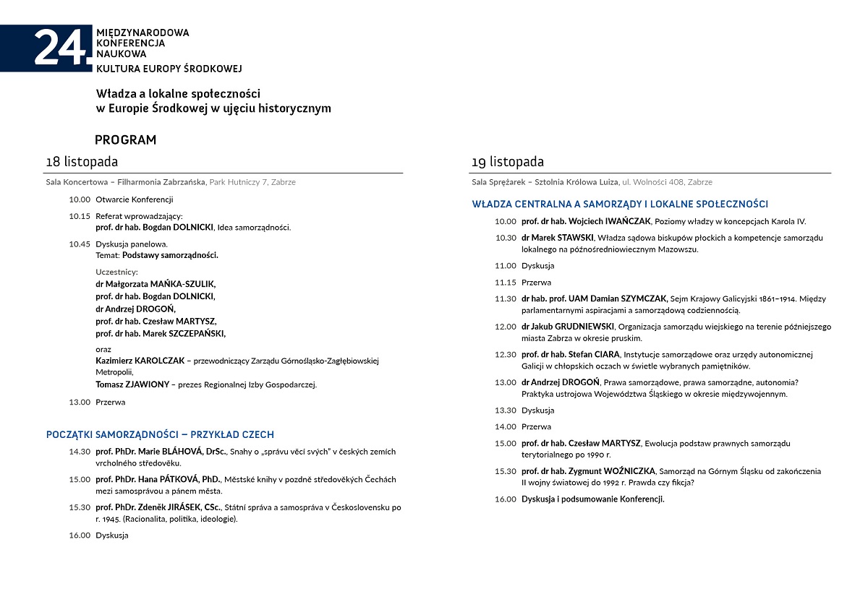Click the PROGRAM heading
(x=125, y=140)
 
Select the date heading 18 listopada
(x=82, y=162)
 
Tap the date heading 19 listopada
(x=508, y=162)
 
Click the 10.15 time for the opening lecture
(x=80, y=216)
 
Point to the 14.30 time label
(x=80, y=452)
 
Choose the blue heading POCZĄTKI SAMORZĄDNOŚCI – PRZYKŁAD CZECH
(x=160, y=435)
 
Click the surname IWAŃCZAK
(x=626, y=222)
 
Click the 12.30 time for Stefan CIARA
(x=506, y=355)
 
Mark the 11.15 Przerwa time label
(x=506, y=283)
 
